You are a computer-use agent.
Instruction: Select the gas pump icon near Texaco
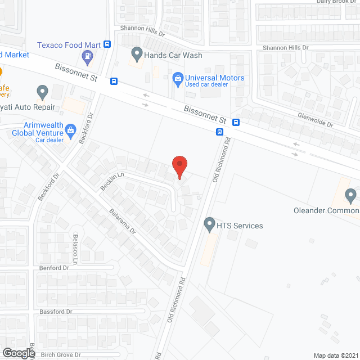(87, 56)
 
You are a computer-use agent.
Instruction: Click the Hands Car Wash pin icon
(137, 55)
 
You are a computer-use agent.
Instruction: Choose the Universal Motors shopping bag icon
(178, 78)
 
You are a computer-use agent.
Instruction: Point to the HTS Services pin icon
(209, 224)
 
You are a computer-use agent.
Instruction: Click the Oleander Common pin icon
(351, 196)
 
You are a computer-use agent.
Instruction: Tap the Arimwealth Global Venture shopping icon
(71, 131)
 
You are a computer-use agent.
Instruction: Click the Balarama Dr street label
(123, 222)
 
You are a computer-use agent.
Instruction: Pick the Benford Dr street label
(55, 268)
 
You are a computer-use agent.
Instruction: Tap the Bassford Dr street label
(56, 312)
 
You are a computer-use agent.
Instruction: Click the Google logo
(18, 353)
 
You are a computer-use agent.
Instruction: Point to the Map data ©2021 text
(335, 355)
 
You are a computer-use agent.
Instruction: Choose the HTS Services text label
(240, 226)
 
